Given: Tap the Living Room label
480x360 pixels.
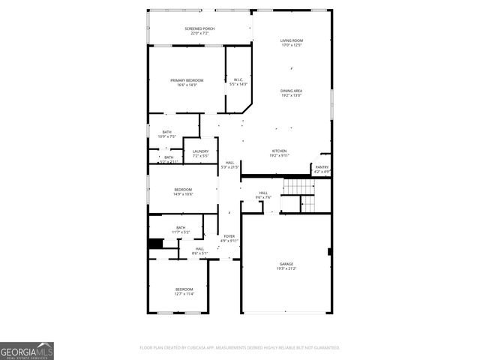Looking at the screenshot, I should pos(292,40).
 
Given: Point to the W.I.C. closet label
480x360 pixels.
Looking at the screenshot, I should pos(238,79).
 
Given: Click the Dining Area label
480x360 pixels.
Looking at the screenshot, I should pos(292,90).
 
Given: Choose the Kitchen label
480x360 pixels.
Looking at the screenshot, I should pos(279,151).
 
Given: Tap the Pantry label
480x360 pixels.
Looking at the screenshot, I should pos(322,167).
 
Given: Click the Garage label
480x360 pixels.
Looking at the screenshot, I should pos(286,264).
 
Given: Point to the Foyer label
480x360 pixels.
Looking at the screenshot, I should pos(229,236).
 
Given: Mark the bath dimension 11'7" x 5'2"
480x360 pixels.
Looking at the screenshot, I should pos(181,232).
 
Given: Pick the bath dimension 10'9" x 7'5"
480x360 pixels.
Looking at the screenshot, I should pos(166,137).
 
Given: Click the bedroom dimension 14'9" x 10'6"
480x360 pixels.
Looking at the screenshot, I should pos(184,194).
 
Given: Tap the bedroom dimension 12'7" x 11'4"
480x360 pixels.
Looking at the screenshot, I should pos(184,294).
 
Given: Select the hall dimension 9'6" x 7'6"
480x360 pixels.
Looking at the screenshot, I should pos(263,198).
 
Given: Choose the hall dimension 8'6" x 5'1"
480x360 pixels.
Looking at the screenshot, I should pos(199,253).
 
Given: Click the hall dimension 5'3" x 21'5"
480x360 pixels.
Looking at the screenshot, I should pos(229,167).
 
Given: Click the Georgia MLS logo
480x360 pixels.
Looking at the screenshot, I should pos(27,351).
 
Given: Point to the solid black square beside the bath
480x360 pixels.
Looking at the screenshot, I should pos(156,244).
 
